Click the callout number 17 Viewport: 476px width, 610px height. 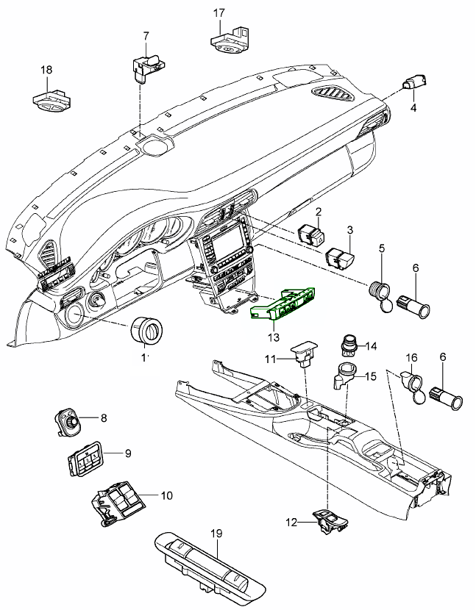pyautogui.click(x=219, y=14)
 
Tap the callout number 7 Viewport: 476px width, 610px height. pyautogui.click(x=146, y=36)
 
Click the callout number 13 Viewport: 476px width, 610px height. pyautogui.click(x=274, y=337)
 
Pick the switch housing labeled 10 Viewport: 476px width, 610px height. pyautogui.click(x=118, y=505)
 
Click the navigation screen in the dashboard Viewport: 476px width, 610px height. pyautogui.click(x=224, y=242)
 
